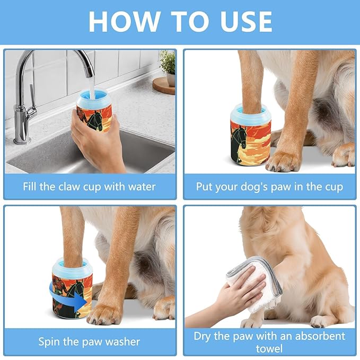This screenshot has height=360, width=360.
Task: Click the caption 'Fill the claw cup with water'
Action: [x=89, y=187]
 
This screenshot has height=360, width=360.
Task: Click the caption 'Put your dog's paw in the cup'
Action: [x=269, y=187]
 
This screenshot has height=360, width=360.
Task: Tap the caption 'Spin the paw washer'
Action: [x=89, y=341]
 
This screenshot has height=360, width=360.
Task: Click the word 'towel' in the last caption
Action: [x=269, y=348]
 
